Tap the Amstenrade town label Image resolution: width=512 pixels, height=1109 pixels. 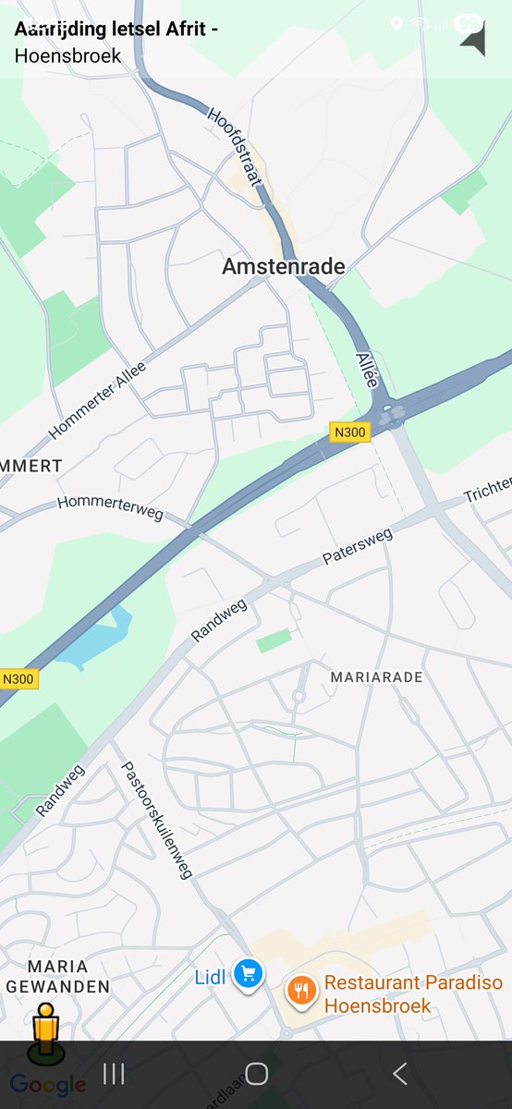tap(284, 267)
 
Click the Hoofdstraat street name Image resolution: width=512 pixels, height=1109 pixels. tap(235, 148)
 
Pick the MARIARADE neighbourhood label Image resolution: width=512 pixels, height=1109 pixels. tap(376, 677)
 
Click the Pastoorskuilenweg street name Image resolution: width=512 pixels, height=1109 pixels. tap(155, 821)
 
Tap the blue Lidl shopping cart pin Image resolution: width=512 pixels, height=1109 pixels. tap(248, 973)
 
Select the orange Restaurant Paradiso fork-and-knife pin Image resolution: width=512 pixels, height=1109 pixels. tap(301, 991)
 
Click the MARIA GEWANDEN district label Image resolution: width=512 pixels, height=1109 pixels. tap(57, 977)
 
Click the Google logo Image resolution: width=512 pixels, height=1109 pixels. tap(48, 1085)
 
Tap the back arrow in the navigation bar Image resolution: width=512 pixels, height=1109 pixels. tap(400, 1073)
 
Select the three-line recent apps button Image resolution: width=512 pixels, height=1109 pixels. tap(114, 1073)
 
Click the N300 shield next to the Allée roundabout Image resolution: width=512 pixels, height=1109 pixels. tap(350, 432)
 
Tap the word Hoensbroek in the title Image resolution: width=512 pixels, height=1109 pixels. tap(67, 56)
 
